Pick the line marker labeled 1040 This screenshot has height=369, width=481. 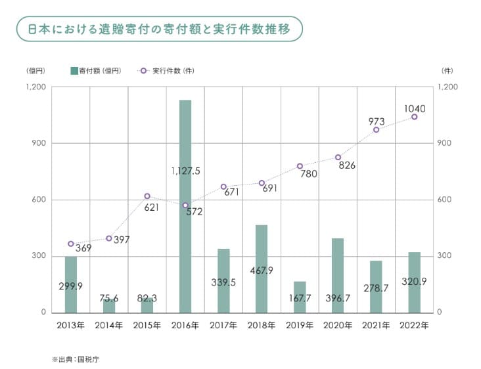pyautogui.click(x=415, y=117)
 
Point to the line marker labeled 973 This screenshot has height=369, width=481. pyautogui.click(x=377, y=130)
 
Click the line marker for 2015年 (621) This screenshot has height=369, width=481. pyautogui.click(x=147, y=196)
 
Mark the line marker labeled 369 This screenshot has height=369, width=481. pyautogui.click(x=71, y=244)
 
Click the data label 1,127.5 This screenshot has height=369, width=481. pyautogui.click(x=185, y=171)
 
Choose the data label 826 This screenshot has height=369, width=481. pyautogui.click(x=347, y=165)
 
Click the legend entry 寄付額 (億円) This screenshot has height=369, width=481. pyautogui.click(x=96, y=70)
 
